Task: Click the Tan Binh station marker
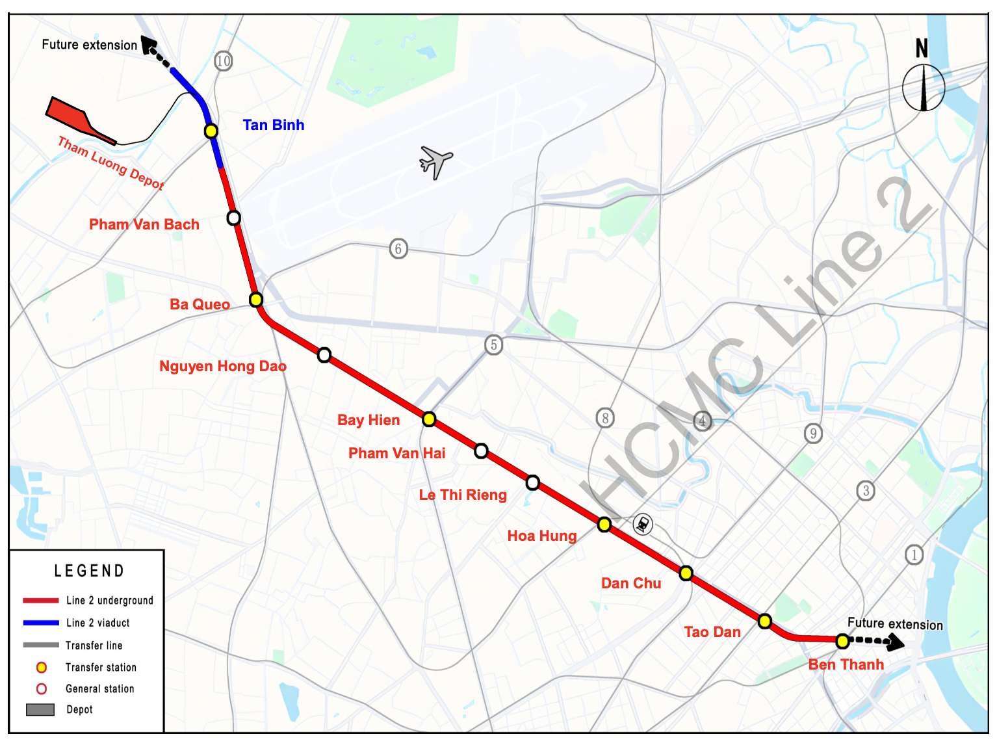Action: pyautogui.click(x=211, y=131)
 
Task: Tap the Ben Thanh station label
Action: pyautogui.click(x=846, y=664)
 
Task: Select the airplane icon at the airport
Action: pyautogui.click(x=435, y=161)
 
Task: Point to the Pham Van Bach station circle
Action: pyautogui.click(x=234, y=218)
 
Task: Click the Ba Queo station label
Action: pyautogui.click(x=200, y=304)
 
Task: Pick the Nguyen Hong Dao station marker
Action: pyautogui.click(x=324, y=355)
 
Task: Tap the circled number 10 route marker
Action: pyautogui.click(x=223, y=61)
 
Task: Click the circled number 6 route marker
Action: pyautogui.click(x=398, y=248)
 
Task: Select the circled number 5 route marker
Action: pyautogui.click(x=494, y=345)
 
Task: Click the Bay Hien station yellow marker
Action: pyautogui.click(x=429, y=419)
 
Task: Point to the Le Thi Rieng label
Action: pyautogui.click(x=463, y=495)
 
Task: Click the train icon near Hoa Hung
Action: pyautogui.click(x=643, y=524)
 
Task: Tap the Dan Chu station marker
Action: pyautogui.click(x=686, y=573)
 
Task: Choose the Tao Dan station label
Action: pyautogui.click(x=712, y=632)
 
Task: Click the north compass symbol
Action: pyautogui.click(x=923, y=86)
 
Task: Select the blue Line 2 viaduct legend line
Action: pyautogui.click(x=41, y=623)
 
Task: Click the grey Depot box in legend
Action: pyautogui.click(x=40, y=709)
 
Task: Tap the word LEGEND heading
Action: pyautogui.click(x=89, y=571)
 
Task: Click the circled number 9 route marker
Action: pyautogui.click(x=813, y=433)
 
